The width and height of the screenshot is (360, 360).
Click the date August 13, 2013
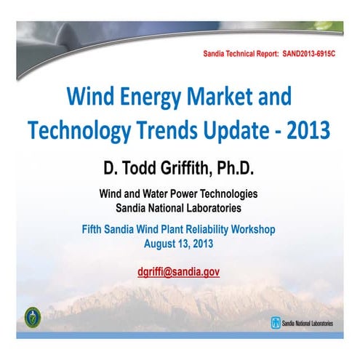coord(180,242)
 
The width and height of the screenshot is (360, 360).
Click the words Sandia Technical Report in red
coord(241,55)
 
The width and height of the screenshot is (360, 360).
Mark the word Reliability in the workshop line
coord(201,229)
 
